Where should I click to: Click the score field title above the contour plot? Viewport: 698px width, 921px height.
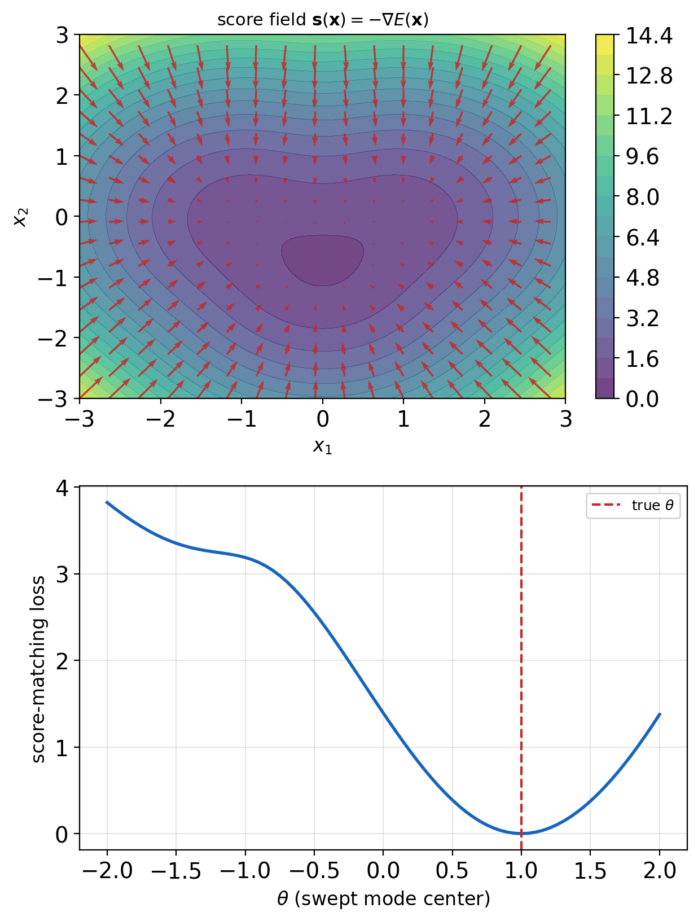tap(323, 20)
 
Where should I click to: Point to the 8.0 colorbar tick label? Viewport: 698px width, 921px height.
tap(643, 197)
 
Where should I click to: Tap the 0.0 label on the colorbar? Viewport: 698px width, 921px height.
tap(643, 398)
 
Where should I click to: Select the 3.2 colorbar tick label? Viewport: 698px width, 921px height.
tap(643, 318)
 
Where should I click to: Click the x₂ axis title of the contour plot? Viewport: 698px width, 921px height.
tap(20, 217)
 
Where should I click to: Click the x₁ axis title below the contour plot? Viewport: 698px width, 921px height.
tap(322, 446)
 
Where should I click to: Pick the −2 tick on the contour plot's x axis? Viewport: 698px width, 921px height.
tap(161, 419)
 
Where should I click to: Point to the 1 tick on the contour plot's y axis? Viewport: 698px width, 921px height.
tap(62, 157)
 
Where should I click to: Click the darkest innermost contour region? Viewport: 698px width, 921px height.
tap(322, 260)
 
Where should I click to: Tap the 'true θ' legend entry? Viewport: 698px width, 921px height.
tap(633, 505)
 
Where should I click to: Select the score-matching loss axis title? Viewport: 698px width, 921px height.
tap(38, 669)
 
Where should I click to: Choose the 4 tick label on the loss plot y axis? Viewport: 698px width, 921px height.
tap(62, 488)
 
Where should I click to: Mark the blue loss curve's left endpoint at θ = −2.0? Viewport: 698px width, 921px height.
tap(107, 502)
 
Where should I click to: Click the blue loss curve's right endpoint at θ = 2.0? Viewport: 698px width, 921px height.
tap(660, 714)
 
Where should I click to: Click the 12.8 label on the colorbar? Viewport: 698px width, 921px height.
tap(649, 76)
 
